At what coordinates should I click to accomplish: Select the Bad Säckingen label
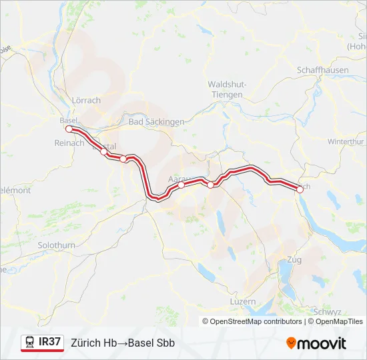(x=156, y=122)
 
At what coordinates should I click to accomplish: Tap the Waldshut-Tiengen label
(x=228, y=89)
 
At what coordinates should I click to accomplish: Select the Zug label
(x=294, y=259)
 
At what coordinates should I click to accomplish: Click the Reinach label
(x=69, y=143)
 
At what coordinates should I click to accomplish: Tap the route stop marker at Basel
(x=69, y=128)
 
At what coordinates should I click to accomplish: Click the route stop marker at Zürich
(x=300, y=189)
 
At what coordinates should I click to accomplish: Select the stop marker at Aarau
(x=181, y=185)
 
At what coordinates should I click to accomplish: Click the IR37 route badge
(x=50, y=342)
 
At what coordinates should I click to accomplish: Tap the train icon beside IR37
(x=30, y=342)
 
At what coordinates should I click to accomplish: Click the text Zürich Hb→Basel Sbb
(x=123, y=343)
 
